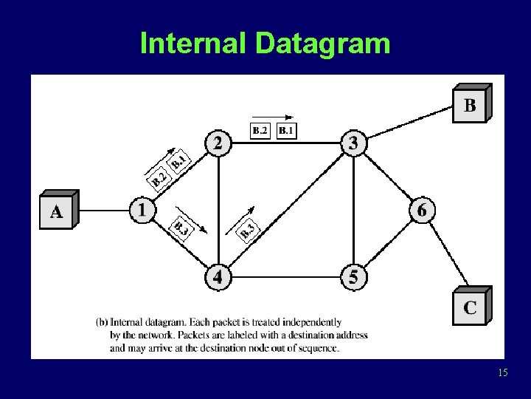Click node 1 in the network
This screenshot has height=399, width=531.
point(141,210)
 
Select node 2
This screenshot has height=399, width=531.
point(217,143)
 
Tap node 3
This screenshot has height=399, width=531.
point(353,143)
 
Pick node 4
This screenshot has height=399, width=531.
point(218,277)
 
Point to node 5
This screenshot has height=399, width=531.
point(353,277)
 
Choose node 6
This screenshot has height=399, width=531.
point(421,210)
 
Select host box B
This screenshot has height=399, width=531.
point(469,104)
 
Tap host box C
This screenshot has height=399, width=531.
point(469,306)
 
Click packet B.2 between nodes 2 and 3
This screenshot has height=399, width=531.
point(260,132)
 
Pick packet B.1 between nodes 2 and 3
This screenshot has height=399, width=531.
point(286,132)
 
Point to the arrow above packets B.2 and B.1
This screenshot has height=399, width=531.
point(272,117)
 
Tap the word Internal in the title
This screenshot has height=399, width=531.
point(194,44)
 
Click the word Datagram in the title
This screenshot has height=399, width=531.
point(323,44)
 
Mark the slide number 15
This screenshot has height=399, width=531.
point(503,373)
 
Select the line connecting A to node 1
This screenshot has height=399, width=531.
point(103,211)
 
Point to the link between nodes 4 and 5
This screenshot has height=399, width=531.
point(285,277)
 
